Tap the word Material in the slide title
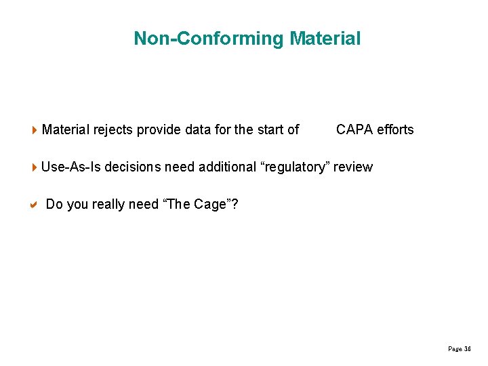(325, 39)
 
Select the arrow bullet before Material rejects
(35, 129)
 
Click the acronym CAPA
(354, 129)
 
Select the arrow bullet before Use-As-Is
(35, 167)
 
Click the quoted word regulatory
(294, 167)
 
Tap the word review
(352, 167)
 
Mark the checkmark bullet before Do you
(35, 204)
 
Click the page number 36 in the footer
(467, 349)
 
